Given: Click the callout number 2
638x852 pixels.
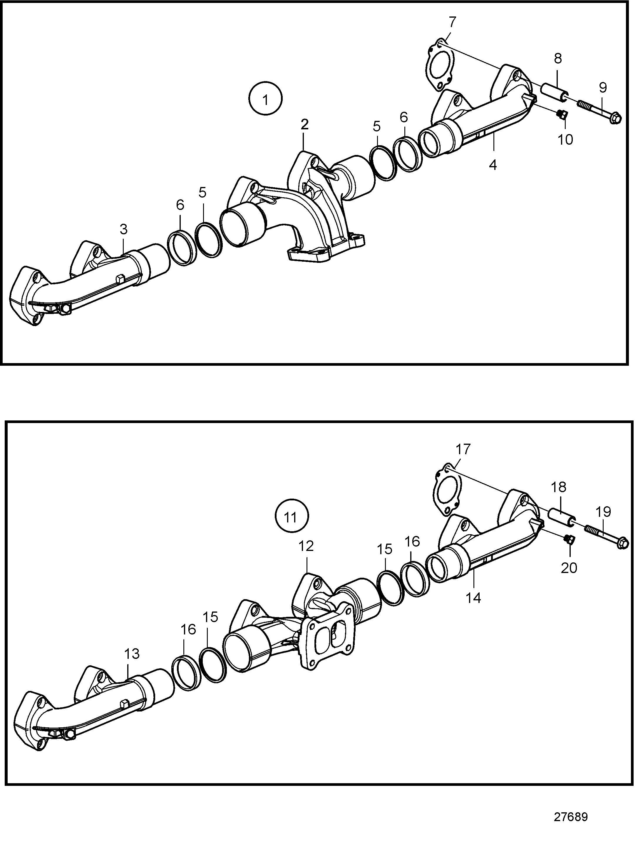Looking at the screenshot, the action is pyautogui.click(x=304, y=124).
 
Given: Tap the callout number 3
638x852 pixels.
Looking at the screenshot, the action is pyautogui.click(x=123, y=229).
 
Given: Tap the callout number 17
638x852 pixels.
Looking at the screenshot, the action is pyautogui.click(x=463, y=449).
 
